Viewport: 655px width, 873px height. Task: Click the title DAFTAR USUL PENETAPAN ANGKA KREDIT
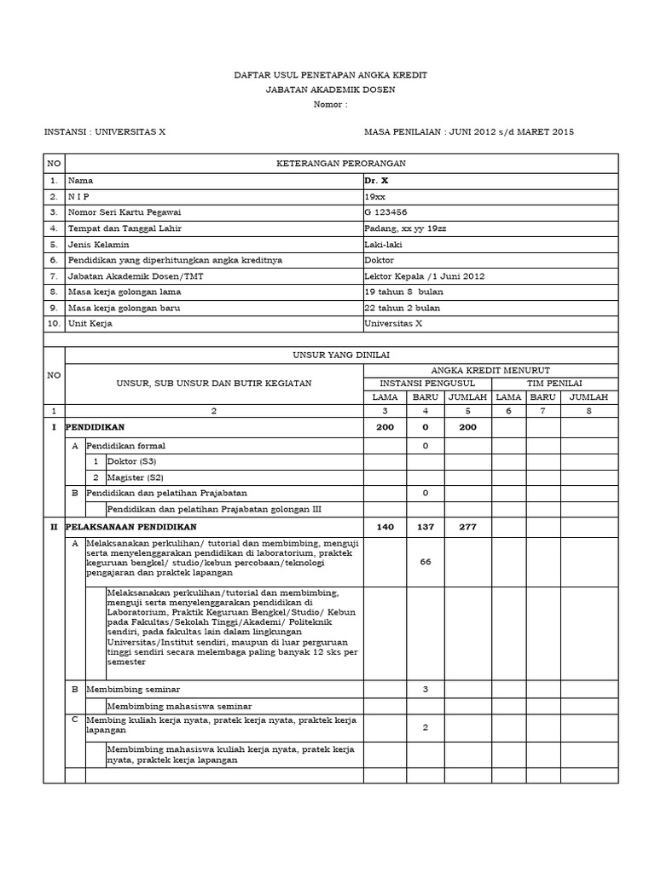330,76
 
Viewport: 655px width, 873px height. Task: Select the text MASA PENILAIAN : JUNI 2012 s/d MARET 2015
469,132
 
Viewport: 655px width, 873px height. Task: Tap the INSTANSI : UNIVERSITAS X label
105,132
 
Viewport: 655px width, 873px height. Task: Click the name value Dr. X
376,181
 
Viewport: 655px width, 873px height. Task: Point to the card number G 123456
385,212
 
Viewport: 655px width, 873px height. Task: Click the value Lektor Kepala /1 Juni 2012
417,276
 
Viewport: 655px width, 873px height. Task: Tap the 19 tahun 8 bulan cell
401,292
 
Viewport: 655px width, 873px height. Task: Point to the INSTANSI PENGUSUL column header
427,383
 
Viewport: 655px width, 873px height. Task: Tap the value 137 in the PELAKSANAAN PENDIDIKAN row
425,527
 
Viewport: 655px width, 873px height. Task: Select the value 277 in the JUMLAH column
467,527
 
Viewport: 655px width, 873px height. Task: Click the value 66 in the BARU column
425,562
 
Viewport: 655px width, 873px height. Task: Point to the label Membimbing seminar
133,689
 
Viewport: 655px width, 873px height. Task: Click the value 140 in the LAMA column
385,527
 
